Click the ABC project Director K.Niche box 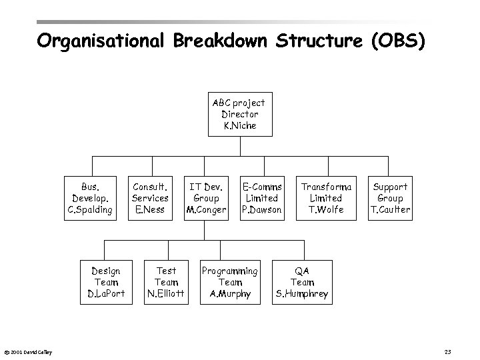click(238, 114)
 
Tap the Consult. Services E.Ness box click(150, 198)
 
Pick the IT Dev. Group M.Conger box click(206, 198)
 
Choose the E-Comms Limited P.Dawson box click(261, 198)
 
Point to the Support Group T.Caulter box click(390, 198)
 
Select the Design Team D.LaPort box click(105, 282)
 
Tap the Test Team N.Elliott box click(165, 282)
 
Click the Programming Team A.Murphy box click(230, 282)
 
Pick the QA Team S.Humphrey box click(302, 282)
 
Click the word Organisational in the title click(101, 41)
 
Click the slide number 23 click(448, 351)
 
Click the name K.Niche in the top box click(238, 125)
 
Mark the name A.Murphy click(230, 293)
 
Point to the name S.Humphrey click(302, 293)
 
